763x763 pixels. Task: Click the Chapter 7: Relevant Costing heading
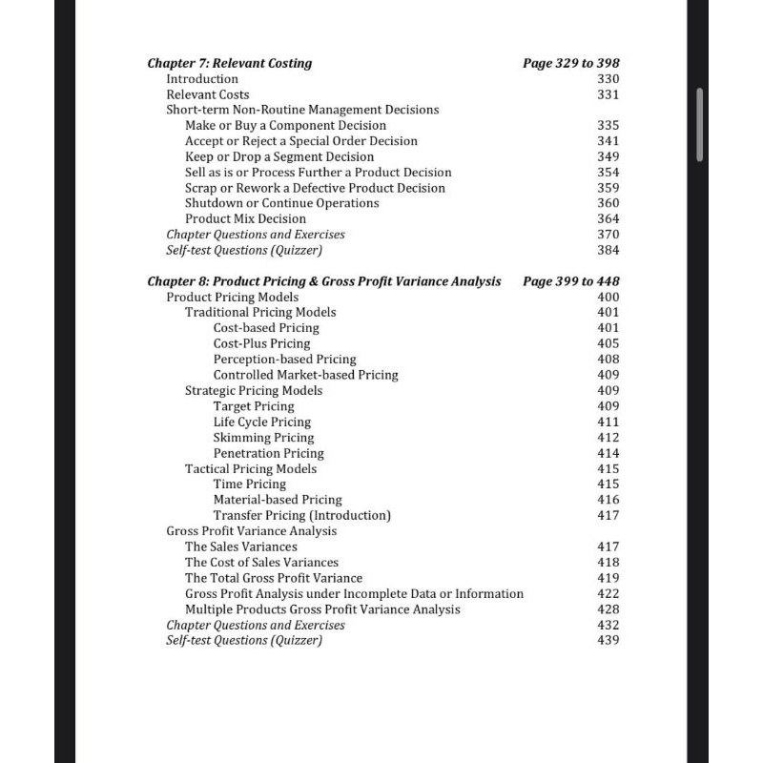[229, 63]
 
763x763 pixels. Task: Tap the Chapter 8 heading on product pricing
[323, 281]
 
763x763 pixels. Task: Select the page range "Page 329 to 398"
[570, 63]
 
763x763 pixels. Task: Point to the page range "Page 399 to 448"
[570, 281]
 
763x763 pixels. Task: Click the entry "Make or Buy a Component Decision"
[285, 125]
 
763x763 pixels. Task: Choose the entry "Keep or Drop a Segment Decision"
[279, 156]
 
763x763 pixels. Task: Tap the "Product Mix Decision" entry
[245, 218]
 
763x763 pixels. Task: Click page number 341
[608, 141]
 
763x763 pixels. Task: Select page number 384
[608, 250]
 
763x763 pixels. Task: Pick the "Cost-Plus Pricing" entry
[261, 343]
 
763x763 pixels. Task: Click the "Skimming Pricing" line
[263, 438]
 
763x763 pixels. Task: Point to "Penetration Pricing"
[268, 453]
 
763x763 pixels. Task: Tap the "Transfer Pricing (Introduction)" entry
[301, 515]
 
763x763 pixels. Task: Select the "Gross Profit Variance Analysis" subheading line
[251, 531]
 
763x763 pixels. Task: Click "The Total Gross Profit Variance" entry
[274, 578]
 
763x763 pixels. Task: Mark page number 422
[608, 593]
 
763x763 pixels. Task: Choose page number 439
[608, 640]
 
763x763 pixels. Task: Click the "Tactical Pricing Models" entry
[251, 468]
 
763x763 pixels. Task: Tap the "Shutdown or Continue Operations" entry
[281, 203]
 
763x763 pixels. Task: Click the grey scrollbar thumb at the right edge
[701, 125]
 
